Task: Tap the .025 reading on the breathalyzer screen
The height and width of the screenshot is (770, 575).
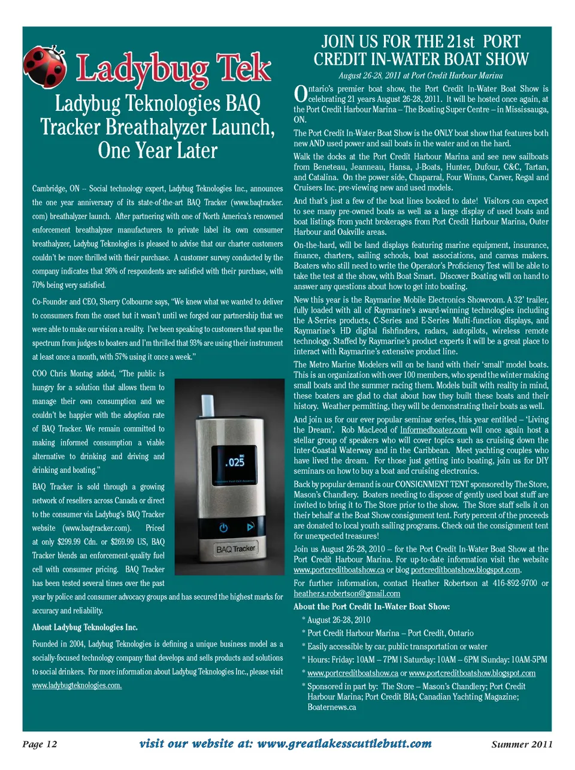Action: click(x=235, y=462)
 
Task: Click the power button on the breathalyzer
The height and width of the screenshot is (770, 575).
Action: click(x=223, y=528)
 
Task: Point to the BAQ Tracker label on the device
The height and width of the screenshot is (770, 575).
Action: click(x=235, y=548)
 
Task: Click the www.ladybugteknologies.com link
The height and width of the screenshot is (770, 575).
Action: click(x=77, y=686)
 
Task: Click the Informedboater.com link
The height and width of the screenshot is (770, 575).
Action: click(x=434, y=430)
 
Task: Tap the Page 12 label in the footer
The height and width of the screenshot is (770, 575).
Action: click(x=40, y=744)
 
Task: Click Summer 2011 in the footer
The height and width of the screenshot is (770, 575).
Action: click(x=522, y=744)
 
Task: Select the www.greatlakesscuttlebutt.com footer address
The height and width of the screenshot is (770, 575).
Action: click(x=344, y=744)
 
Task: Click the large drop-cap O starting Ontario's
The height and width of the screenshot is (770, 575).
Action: click(x=301, y=95)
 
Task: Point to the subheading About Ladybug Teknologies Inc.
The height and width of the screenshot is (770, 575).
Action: click(x=85, y=627)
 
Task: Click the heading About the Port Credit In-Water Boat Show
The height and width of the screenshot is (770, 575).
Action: click(x=372, y=606)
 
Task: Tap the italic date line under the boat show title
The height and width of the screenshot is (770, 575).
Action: click(x=420, y=76)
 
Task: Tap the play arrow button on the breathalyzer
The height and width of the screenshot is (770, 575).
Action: click(x=250, y=527)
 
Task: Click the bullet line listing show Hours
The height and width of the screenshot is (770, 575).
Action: click(x=427, y=660)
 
